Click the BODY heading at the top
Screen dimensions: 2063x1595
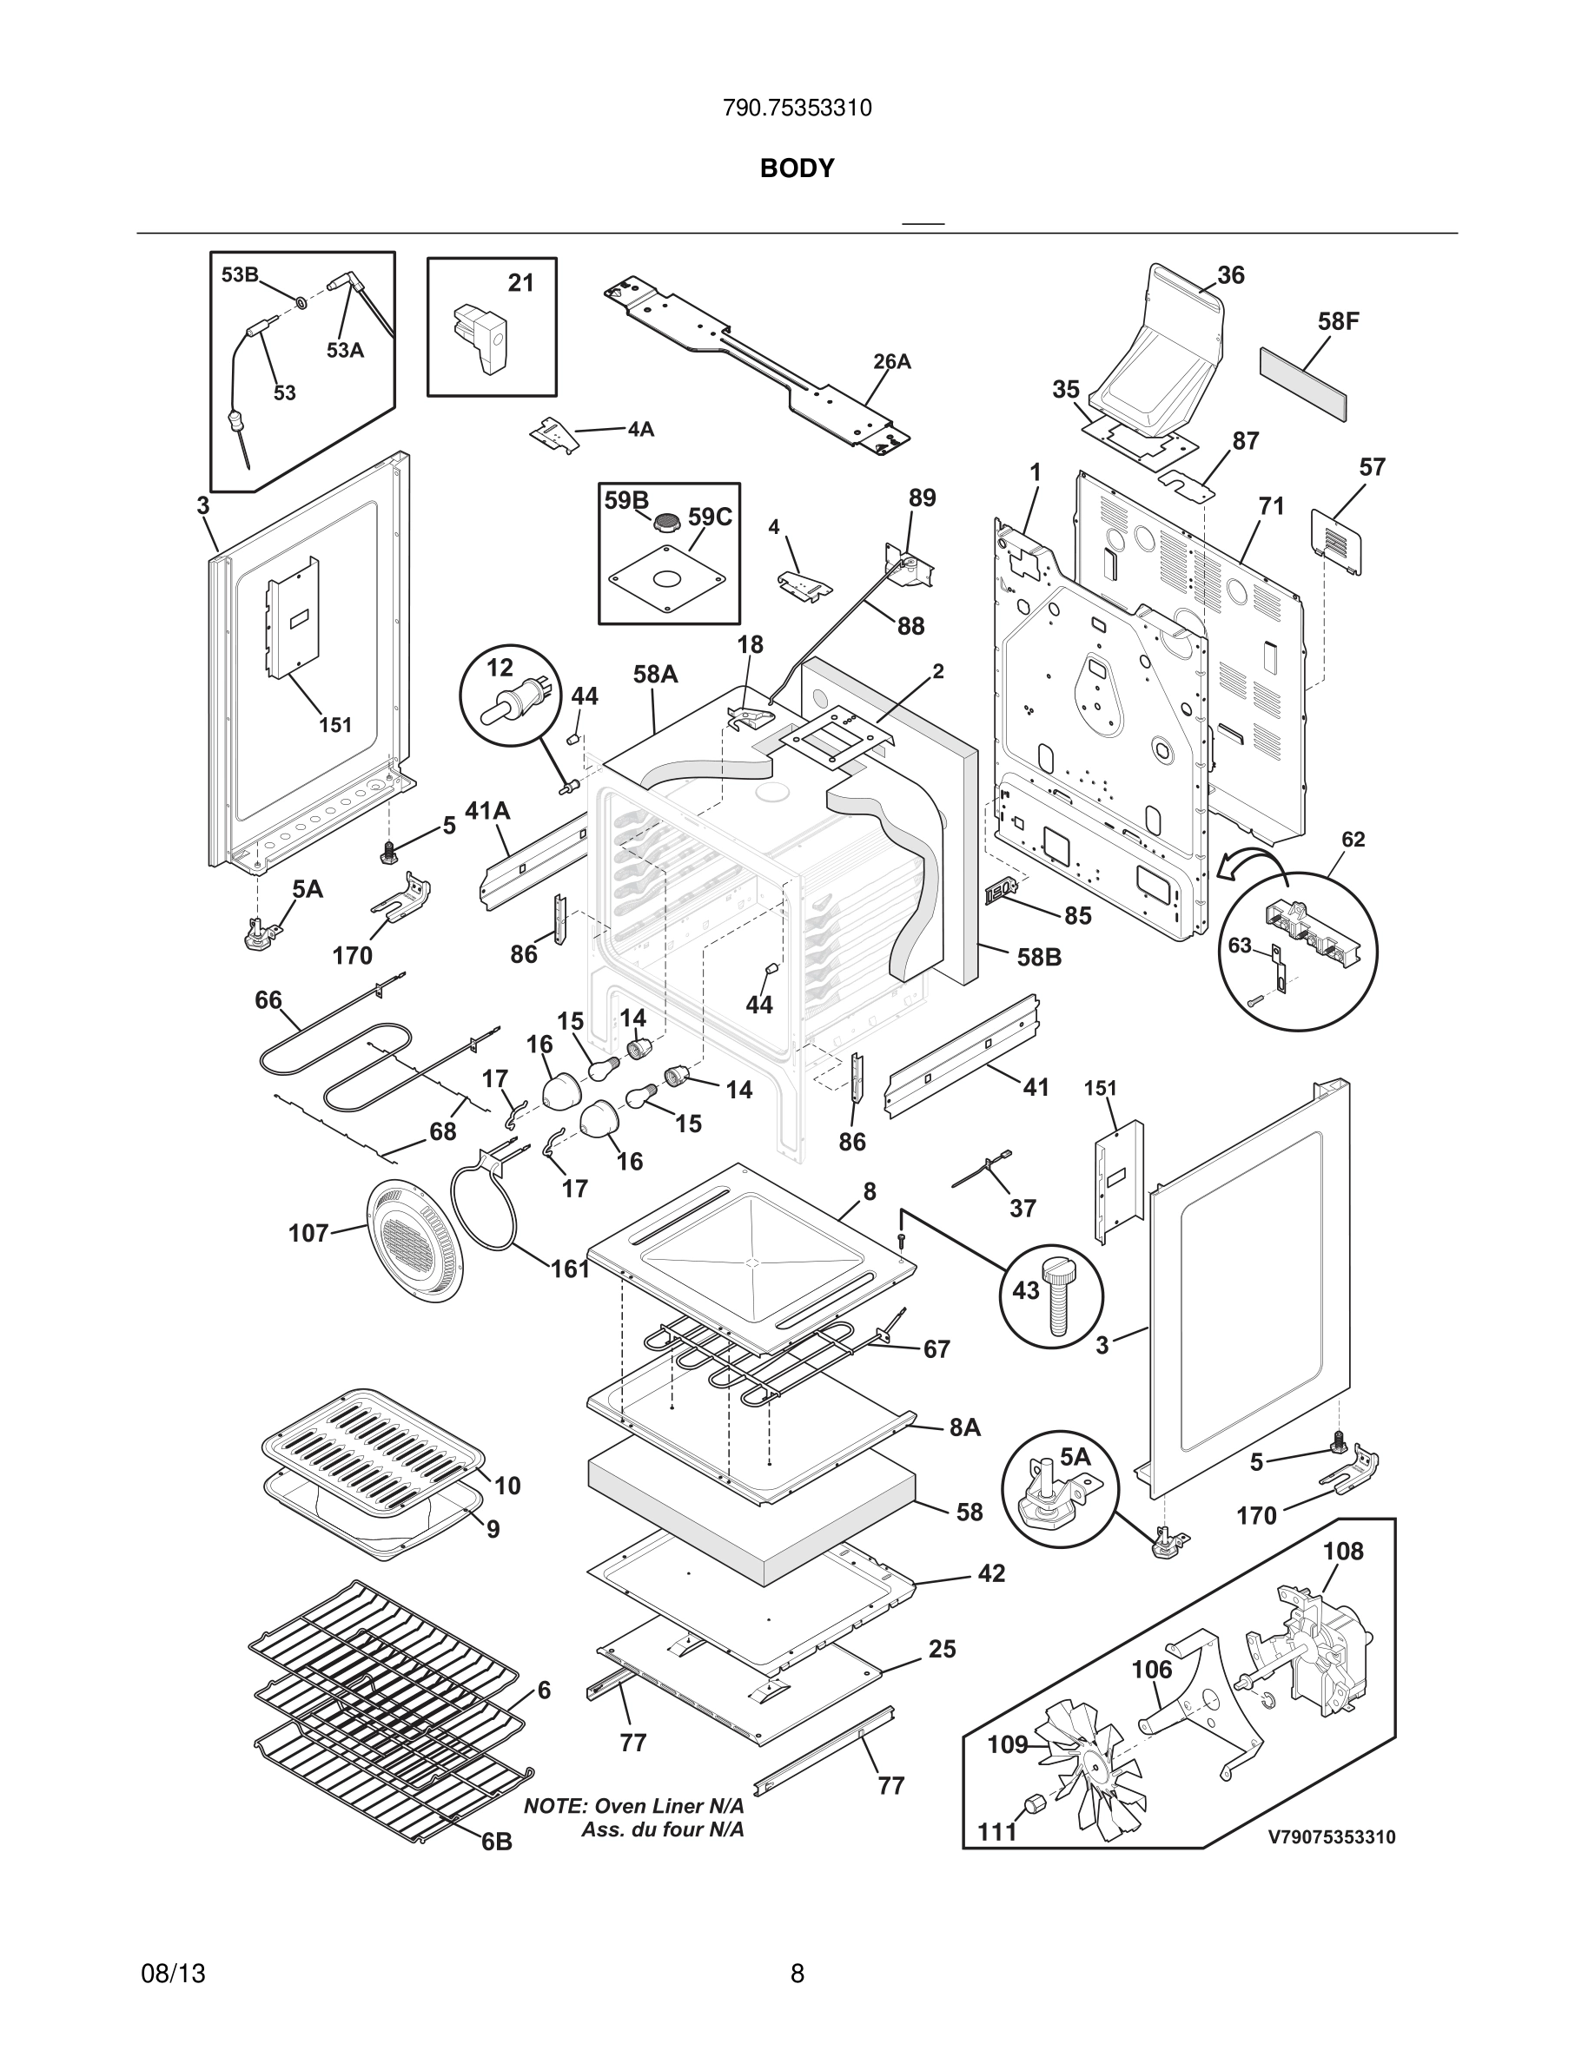click(x=797, y=168)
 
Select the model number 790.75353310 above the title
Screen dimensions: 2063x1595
click(x=797, y=109)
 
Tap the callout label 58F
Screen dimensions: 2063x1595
click(x=1338, y=321)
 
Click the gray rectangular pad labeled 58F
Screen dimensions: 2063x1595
click(x=1303, y=384)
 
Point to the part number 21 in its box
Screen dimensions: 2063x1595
click(x=520, y=282)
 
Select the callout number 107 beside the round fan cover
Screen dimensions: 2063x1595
click(x=308, y=1233)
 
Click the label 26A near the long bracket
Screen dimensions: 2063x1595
click(x=891, y=362)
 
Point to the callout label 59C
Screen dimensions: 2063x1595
click(x=710, y=517)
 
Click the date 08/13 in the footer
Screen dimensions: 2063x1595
click(x=173, y=1974)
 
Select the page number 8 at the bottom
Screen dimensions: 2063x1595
click(x=797, y=1974)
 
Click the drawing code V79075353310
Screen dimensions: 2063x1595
click(x=1330, y=1837)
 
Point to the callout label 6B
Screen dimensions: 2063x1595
click(x=496, y=1842)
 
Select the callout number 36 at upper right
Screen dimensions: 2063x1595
click(x=1230, y=275)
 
